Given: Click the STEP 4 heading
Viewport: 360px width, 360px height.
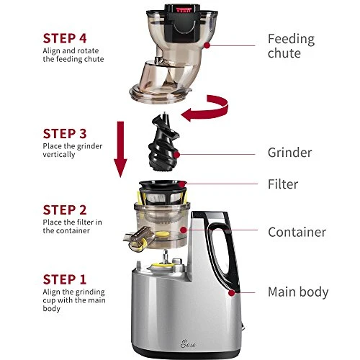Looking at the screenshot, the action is [x=65, y=39].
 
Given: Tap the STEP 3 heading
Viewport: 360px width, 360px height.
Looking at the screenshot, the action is [x=65, y=134].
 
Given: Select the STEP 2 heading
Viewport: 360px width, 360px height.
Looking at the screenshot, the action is [x=65, y=210].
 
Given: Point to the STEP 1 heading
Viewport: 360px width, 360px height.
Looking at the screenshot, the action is [x=65, y=279].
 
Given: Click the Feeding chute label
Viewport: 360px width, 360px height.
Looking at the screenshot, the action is [x=291, y=46].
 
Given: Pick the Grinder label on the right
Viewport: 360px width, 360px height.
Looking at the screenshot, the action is [x=290, y=153].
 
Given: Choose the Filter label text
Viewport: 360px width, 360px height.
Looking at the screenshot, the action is [x=283, y=184].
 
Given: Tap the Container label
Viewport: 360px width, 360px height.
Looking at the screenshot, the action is [x=297, y=232].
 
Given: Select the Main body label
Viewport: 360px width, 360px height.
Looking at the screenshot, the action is [x=298, y=292].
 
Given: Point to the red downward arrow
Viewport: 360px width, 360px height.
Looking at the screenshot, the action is [x=120, y=149].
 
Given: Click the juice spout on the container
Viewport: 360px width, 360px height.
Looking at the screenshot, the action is [x=138, y=239].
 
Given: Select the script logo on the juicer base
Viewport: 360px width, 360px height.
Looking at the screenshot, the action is [x=188, y=343].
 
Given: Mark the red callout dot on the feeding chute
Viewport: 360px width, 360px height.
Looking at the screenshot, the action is [x=207, y=45].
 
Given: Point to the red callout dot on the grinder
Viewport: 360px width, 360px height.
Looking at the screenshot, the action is [x=176, y=155].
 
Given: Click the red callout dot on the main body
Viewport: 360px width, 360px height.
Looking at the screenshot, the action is [x=231, y=293].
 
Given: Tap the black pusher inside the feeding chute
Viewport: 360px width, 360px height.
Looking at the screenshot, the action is [x=183, y=23].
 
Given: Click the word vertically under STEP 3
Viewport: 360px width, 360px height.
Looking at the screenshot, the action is [x=59, y=154].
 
